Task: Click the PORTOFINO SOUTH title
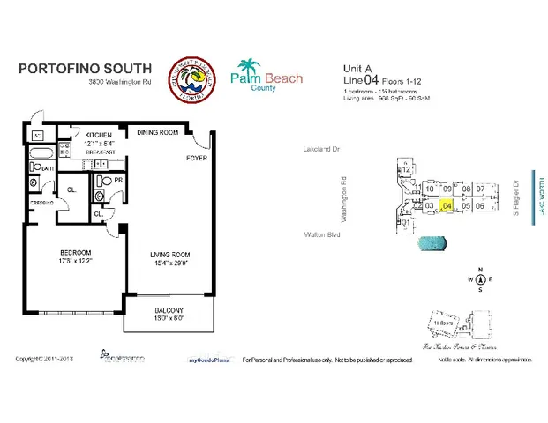pyautogui.click(x=85, y=69)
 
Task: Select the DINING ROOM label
pyautogui.click(x=158, y=133)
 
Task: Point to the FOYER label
pyautogui.click(x=195, y=160)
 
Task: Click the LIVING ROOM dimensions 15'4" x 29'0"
pyautogui.click(x=167, y=262)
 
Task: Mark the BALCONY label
pyautogui.click(x=168, y=311)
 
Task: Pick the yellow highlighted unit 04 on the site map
pyautogui.click(x=447, y=205)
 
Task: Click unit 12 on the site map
pyautogui.click(x=406, y=170)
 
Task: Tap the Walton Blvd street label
pyautogui.click(x=321, y=235)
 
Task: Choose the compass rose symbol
pyautogui.click(x=480, y=279)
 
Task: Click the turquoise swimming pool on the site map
pyautogui.click(x=432, y=241)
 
